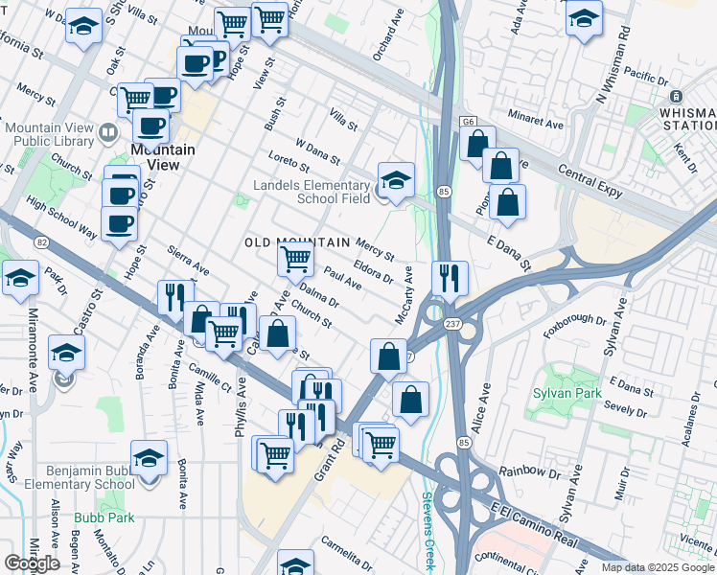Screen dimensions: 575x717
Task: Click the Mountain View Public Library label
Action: pyautogui.click(x=48, y=134)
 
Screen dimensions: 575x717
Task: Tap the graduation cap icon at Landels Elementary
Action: pyautogui.click(x=395, y=178)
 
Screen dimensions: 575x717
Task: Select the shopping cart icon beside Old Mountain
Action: pyautogui.click(x=295, y=257)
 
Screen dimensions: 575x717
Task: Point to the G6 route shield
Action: pyautogui.click(x=468, y=122)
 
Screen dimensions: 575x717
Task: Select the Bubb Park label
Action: pyautogui.click(x=104, y=518)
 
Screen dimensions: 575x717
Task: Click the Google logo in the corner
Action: pyautogui.click(x=32, y=563)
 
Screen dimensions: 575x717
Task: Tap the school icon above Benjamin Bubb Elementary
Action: pyautogui.click(x=149, y=459)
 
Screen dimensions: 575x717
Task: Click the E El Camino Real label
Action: pyautogui.click(x=536, y=524)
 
